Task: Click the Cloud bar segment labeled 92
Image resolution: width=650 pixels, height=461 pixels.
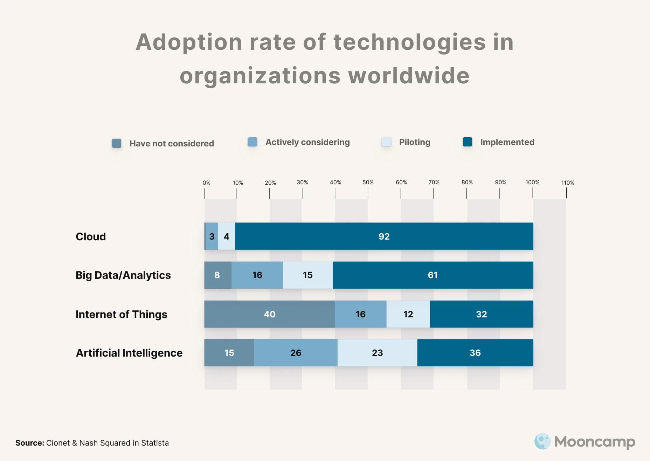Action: pyautogui.click(x=384, y=236)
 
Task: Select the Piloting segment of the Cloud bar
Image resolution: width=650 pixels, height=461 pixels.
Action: pyautogui.click(x=227, y=236)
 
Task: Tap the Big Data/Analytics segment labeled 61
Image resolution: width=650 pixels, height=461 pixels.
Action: pyautogui.click(x=433, y=275)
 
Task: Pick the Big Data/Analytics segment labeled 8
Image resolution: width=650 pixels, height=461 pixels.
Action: pyautogui.click(x=217, y=275)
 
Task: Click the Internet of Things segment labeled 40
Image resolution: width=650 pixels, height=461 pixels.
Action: pyautogui.click(x=269, y=314)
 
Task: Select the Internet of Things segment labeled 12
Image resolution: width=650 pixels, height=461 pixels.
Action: pyautogui.click(x=408, y=314)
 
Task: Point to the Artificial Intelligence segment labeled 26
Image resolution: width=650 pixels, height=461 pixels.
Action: pyautogui.click(x=296, y=353)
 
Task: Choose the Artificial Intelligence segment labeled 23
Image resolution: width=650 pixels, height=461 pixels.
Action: pyautogui.click(x=377, y=353)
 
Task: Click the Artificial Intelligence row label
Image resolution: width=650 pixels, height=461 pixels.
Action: pyautogui.click(x=129, y=353)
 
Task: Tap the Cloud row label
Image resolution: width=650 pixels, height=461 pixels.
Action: pyautogui.click(x=91, y=236)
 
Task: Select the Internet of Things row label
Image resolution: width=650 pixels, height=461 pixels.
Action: pyautogui.click(x=121, y=314)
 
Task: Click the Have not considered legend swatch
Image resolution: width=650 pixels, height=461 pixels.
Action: pyautogui.click(x=117, y=143)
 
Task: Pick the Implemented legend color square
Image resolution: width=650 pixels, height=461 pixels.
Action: pyautogui.click(x=468, y=142)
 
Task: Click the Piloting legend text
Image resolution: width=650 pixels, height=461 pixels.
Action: pyautogui.click(x=415, y=142)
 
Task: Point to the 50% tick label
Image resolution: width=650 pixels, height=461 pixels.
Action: pyautogui.click(x=368, y=183)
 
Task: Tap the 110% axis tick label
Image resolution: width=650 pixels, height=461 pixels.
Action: pyautogui.click(x=567, y=183)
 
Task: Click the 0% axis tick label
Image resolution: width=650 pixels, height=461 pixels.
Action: pyautogui.click(x=206, y=183)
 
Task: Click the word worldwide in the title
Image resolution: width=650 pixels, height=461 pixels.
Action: pyautogui.click(x=409, y=76)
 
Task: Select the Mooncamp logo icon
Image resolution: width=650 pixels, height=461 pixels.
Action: pyautogui.click(x=542, y=441)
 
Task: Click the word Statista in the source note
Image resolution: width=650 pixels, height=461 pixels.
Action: pyautogui.click(x=155, y=443)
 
